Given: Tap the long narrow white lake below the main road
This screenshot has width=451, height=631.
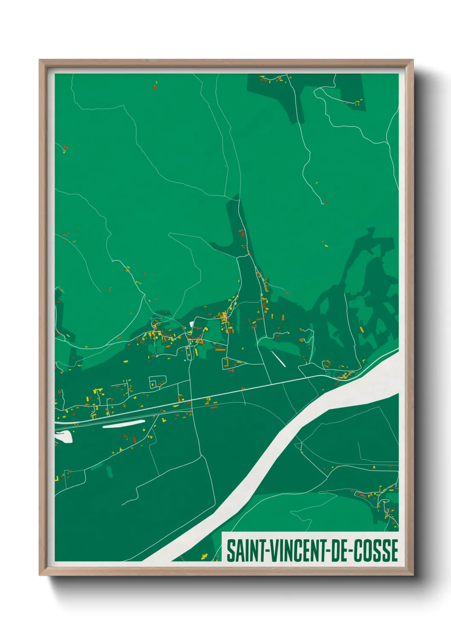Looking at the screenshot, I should click(124, 424).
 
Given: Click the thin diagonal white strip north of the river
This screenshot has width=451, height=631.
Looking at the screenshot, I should click(278, 359).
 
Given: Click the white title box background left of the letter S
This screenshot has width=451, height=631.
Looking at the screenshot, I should click(224, 550).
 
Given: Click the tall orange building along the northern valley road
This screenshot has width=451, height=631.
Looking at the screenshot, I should click(241, 233).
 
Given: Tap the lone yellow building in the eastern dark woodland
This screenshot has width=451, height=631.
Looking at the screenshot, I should click(362, 329).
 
